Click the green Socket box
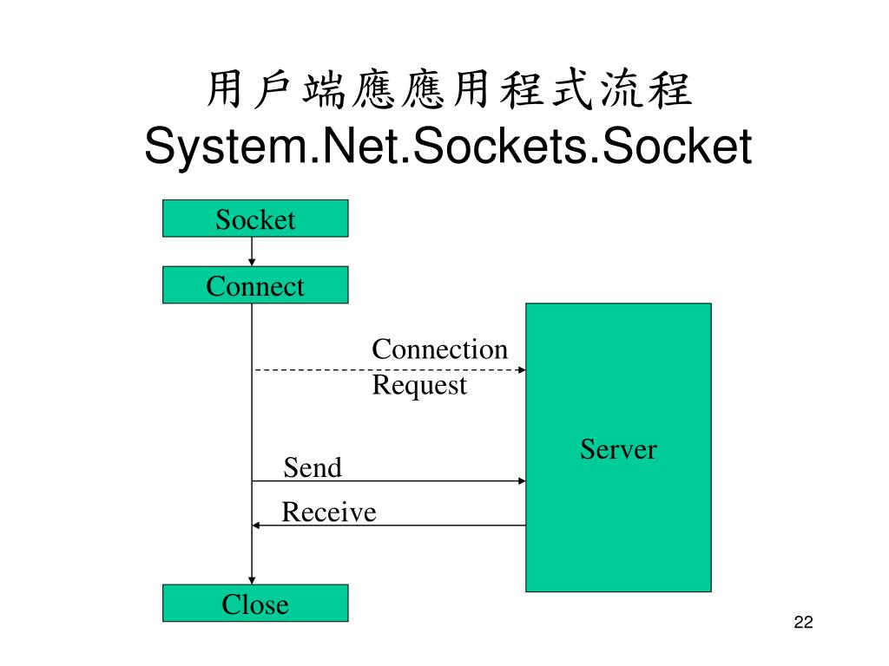(x=255, y=219)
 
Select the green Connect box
(x=255, y=285)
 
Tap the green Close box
(x=255, y=604)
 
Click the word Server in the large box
(x=618, y=448)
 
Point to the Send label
(x=313, y=468)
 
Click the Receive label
(x=329, y=513)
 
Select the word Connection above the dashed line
(x=439, y=349)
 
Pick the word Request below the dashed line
(x=419, y=385)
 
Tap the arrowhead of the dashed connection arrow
(x=522, y=370)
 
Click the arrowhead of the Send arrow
(x=522, y=481)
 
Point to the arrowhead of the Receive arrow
(x=256, y=526)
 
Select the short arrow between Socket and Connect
(x=252, y=251)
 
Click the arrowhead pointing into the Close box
(x=252, y=580)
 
